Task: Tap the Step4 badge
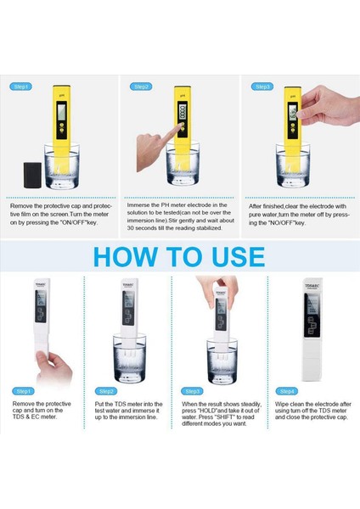[287, 390]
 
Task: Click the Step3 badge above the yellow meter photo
[263, 87]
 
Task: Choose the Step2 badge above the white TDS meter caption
[106, 390]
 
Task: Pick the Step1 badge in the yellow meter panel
[21, 87]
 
